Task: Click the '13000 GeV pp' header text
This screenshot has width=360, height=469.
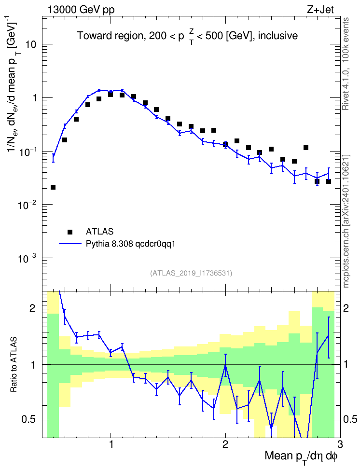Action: tap(81, 10)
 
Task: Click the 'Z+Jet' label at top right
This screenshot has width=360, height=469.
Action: tap(320, 10)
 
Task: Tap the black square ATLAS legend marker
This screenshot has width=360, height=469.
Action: tap(70, 232)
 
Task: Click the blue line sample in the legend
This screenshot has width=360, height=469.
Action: tap(70, 244)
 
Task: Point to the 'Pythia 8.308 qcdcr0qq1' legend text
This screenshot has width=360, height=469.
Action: tap(130, 244)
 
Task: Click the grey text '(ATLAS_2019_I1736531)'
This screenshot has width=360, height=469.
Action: tap(191, 273)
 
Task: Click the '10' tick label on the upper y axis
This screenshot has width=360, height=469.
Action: tap(30, 44)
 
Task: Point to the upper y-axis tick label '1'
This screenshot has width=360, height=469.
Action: tap(34, 98)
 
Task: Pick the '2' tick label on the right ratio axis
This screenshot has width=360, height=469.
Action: tap(346, 308)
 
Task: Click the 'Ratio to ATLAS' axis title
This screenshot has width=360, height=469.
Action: tap(14, 365)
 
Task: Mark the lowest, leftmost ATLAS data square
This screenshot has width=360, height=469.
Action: tap(53, 187)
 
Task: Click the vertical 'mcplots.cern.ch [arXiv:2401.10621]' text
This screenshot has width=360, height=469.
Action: tap(346, 221)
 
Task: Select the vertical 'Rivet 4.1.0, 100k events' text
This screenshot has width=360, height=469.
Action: tap(346, 64)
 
